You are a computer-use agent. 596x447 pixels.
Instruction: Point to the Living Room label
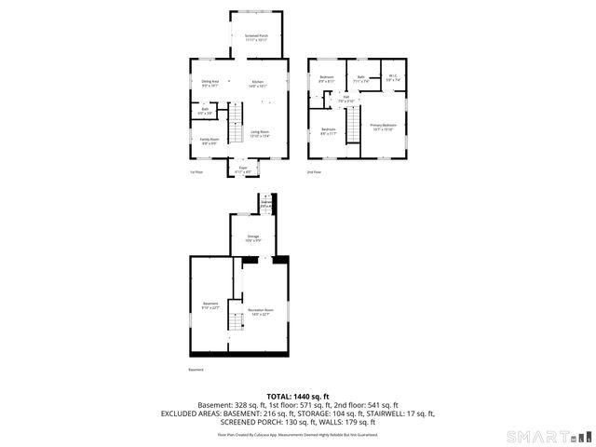260,134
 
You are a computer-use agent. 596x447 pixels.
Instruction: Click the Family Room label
210,141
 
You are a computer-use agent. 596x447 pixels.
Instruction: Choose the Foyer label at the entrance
243,169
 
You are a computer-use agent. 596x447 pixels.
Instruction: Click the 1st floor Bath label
205,111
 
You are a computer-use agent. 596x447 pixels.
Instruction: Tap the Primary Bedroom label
383,127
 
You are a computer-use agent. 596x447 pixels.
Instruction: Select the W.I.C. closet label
393,78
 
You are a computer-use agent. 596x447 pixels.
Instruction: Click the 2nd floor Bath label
360,79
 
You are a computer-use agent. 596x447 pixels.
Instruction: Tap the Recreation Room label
261,311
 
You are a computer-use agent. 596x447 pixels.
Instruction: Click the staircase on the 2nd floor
354,126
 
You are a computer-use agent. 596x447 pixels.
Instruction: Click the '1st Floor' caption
196,172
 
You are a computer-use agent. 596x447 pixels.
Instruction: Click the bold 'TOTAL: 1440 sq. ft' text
298,397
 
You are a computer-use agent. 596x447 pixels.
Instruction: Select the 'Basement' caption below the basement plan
196,370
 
